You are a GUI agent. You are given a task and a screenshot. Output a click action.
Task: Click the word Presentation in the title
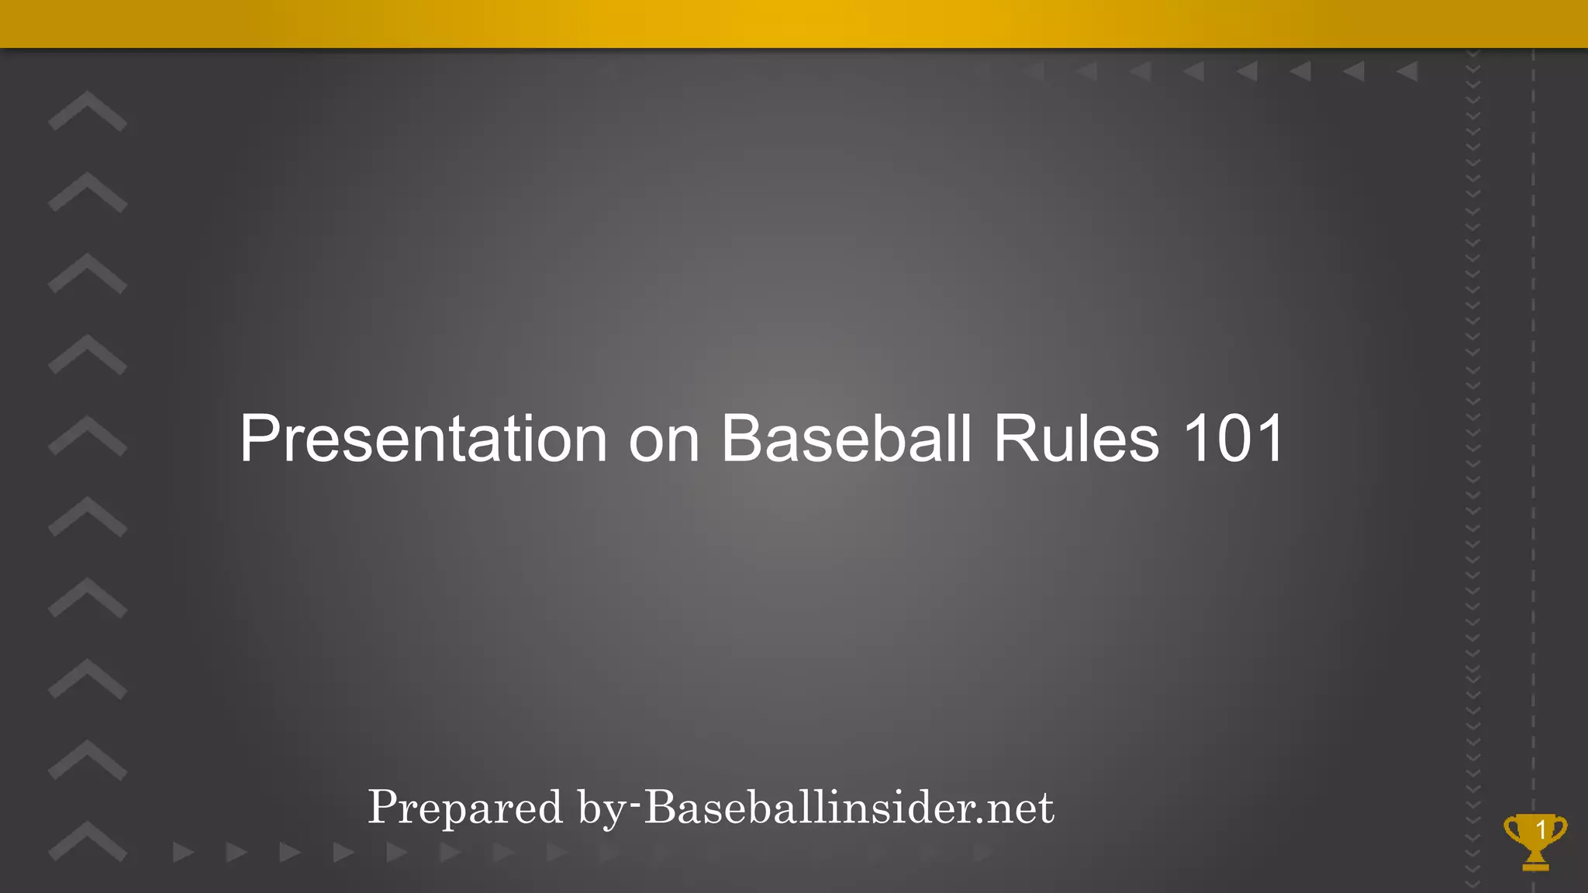point(423,439)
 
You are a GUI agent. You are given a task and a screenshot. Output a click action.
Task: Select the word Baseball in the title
point(846,439)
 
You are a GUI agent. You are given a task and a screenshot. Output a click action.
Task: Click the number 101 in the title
point(1233,439)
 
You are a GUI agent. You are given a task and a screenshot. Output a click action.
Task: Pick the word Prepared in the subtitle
point(464,808)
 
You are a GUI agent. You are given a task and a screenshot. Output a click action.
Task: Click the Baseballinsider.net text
point(849,808)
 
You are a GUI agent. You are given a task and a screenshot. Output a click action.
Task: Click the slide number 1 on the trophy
point(1541,829)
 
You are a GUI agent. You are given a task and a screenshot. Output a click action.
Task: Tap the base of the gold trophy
point(1535,864)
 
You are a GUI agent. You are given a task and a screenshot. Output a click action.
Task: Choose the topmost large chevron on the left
point(87,110)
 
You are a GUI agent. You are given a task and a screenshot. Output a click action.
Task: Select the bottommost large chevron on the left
point(87,840)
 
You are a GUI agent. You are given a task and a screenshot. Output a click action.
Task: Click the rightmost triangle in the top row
point(1407,71)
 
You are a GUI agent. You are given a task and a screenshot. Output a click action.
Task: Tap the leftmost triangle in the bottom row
point(183,853)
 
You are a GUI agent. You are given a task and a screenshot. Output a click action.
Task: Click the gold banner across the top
point(794,23)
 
